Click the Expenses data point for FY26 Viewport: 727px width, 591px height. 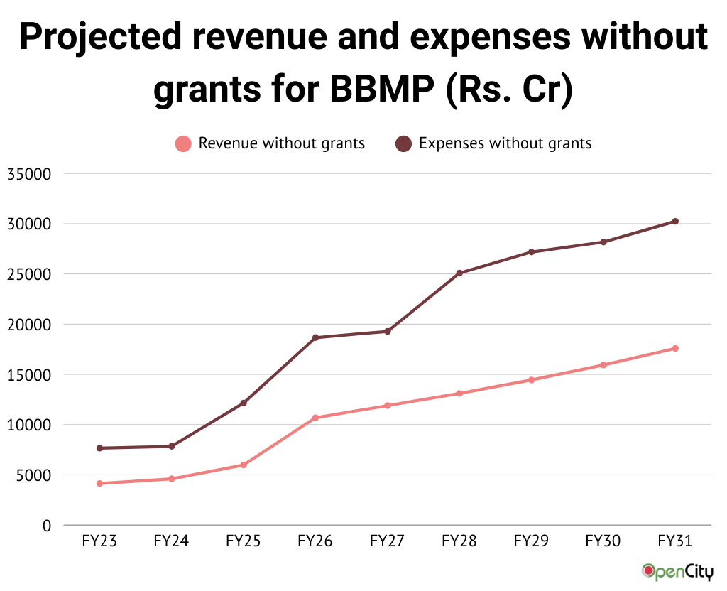[x=316, y=337]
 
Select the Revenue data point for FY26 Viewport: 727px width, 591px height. [x=316, y=418]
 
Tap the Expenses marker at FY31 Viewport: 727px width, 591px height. [x=675, y=222]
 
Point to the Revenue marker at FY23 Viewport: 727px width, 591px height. [x=100, y=484]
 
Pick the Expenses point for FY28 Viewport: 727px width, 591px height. [x=459, y=273]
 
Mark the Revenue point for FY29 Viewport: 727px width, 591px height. [x=531, y=380]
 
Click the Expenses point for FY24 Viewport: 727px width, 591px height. [x=172, y=446]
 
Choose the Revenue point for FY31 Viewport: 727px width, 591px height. [x=675, y=348]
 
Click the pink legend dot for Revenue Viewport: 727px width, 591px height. [x=184, y=144]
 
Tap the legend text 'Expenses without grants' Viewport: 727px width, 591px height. [x=505, y=143]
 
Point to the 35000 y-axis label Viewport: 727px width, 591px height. [x=29, y=174]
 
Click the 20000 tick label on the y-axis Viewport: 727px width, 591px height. [x=29, y=325]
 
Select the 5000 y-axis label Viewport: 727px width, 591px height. [x=33, y=475]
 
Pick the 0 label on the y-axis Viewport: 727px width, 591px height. [x=47, y=526]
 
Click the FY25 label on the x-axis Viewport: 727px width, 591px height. [x=244, y=541]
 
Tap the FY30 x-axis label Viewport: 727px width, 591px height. [x=603, y=541]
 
